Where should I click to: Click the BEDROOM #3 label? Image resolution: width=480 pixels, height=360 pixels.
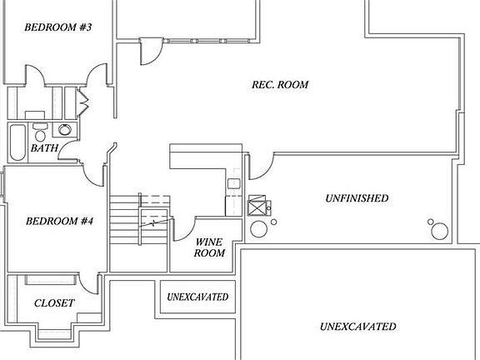[x=58, y=27]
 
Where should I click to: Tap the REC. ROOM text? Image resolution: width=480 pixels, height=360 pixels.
[x=280, y=84]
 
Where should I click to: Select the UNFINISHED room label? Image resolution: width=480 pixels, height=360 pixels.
[x=357, y=198]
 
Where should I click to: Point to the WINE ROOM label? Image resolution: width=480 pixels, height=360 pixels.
[x=209, y=247]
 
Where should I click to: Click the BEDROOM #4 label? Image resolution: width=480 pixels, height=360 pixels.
[x=59, y=221]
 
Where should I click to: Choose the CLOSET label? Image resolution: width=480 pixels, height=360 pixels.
[x=54, y=303]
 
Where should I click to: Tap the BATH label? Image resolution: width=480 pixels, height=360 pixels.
[x=44, y=148]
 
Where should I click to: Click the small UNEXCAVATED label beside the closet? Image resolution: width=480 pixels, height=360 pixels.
[x=197, y=297]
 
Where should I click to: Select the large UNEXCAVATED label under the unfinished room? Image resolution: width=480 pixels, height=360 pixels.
[x=357, y=327]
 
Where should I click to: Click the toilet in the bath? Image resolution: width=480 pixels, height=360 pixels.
[x=40, y=132]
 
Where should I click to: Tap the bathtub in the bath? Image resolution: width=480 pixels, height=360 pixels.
[x=17, y=142]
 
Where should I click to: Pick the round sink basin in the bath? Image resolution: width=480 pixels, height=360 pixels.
[x=65, y=129]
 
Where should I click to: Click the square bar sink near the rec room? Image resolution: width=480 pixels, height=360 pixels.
[x=234, y=183]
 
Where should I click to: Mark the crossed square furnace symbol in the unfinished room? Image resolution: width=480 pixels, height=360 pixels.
[x=257, y=205]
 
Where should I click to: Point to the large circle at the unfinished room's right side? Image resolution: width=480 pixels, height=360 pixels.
[x=440, y=232]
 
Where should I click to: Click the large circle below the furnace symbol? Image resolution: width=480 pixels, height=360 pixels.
[x=258, y=229]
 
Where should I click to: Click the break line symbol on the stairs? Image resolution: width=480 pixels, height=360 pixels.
[x=154, y=222]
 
